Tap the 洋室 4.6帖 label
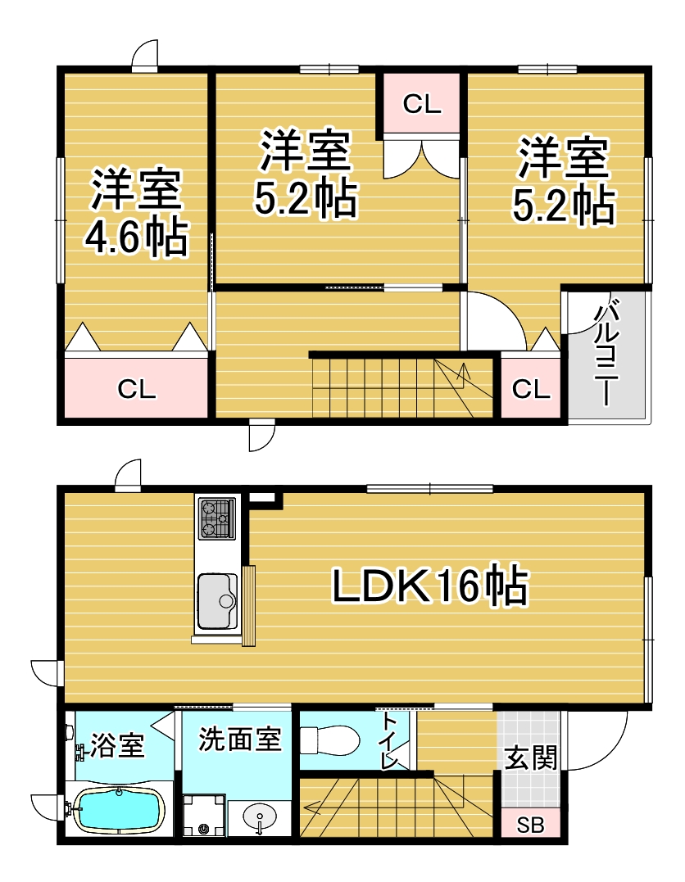tap(136, 213)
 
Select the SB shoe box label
tap(530, 825)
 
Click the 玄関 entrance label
tap(531, 758)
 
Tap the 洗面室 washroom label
tap(240, 740)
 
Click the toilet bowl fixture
tap(330, 740)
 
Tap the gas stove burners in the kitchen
tap(216, 518)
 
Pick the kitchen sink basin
tap(216, 601)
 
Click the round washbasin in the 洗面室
tap(260, 816)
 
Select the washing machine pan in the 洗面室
tap(203, 815)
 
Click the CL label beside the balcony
tap(531, 389)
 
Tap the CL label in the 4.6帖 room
tap(137, 389)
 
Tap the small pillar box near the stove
tap(263, 497)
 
